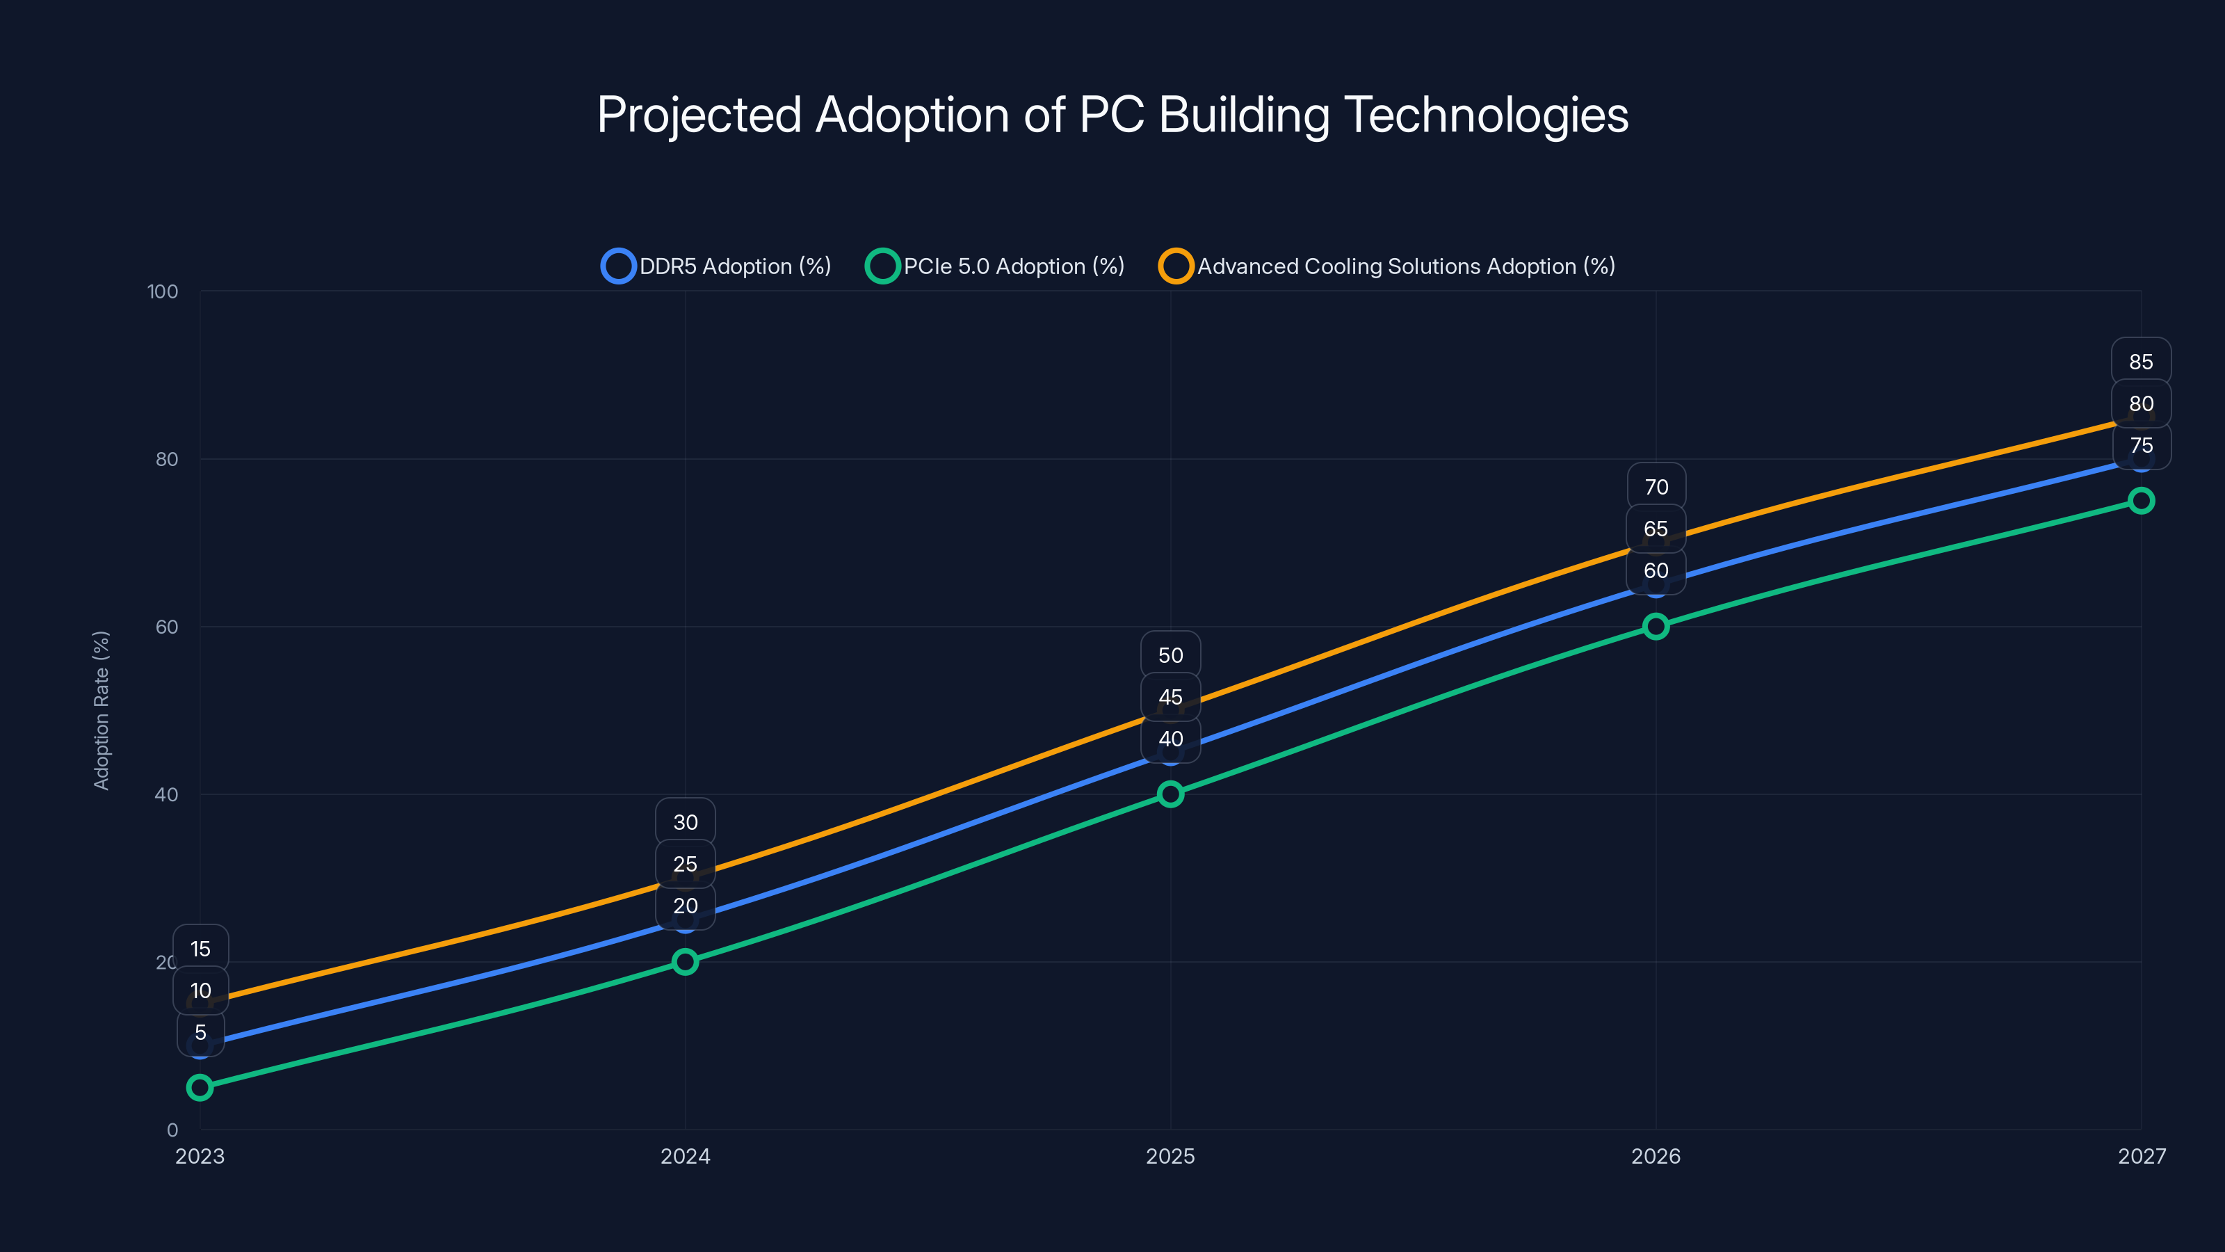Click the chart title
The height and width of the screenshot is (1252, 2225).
pos(1112,115)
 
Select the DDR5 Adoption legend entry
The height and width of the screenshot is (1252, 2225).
pos(716,266)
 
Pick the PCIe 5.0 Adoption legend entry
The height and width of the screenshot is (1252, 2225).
pos(995,266)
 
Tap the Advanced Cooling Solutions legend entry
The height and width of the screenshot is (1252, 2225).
pos(1386,266)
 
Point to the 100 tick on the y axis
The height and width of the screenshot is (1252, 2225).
pos(163,292)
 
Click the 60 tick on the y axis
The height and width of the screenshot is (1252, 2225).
pos(167,627)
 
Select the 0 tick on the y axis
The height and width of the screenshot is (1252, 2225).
pos(172,1130)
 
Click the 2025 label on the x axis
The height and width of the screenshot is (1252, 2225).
pos(1170,1156)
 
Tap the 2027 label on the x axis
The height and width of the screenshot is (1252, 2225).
pos(2142,1156)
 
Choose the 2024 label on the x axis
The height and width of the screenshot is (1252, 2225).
pos(685,1156)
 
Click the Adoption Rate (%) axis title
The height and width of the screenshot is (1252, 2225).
pos(101,710)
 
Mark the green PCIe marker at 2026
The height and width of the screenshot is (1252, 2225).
pos(1655,627)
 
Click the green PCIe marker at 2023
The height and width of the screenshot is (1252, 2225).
pos(200,1087)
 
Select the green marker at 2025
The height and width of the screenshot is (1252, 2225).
pos(1170,794)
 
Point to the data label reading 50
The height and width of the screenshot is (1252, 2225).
pos(1170,655)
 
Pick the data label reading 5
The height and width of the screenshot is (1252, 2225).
pos(200,1032)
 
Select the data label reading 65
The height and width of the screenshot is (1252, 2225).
pos(1655,529)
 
